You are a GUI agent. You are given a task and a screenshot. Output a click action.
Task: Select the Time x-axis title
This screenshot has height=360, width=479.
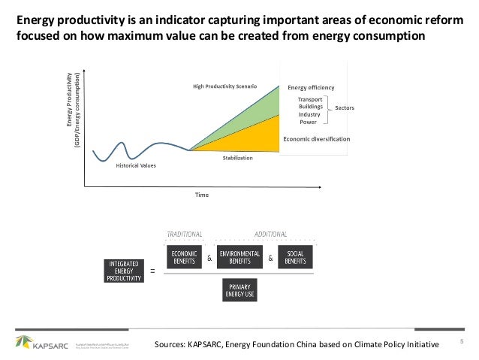click(x=202, y=195)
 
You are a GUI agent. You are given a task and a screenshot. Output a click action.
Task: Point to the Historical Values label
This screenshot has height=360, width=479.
click(x=136, y=165)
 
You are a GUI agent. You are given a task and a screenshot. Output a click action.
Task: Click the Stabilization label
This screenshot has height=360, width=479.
click(x=237, y=159)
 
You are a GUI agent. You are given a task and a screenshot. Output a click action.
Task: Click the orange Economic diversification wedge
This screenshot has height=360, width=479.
click(x=255, y=139)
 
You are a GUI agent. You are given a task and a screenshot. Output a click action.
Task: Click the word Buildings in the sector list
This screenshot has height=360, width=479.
click(x=311, y=107)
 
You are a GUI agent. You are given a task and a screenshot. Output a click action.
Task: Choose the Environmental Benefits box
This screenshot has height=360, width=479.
click(x=238, y=256)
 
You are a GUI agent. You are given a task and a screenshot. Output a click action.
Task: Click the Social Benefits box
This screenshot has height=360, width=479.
click(x=295, y=256)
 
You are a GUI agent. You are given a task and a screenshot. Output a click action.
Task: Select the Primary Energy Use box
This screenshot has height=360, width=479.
click(x=238, y=289)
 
